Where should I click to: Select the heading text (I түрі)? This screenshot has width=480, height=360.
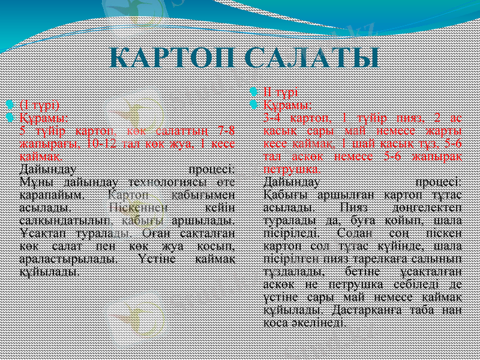40,104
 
